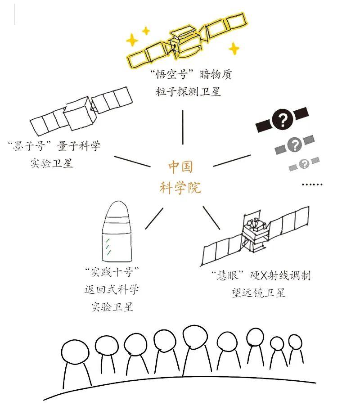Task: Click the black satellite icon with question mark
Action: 282,120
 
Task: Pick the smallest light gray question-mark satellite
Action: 304,163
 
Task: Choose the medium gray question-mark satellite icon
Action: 295,145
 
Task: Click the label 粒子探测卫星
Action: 186,92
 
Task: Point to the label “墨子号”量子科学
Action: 54,146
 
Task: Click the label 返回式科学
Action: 112,289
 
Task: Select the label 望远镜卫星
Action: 256,293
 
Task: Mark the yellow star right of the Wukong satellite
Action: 233,48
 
